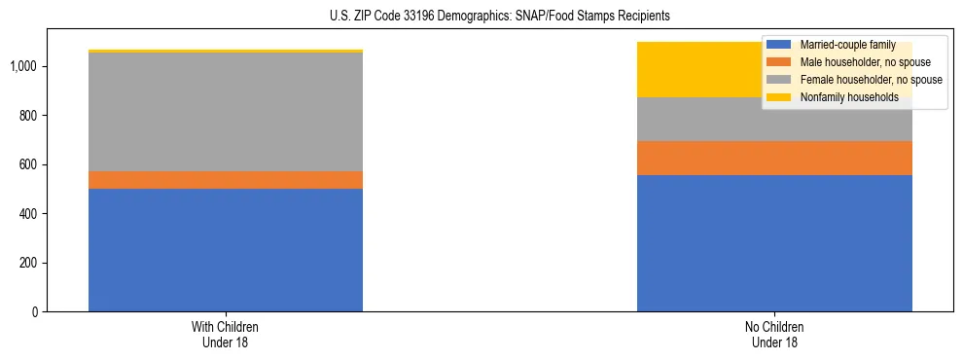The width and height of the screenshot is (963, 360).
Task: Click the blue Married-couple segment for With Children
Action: pyautogui.click(x=226, y=250)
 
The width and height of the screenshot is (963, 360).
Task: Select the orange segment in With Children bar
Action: pyautogui.click(x=226, y=180)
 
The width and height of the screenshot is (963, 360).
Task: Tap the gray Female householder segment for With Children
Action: pyautogui.click(x=226, y=112)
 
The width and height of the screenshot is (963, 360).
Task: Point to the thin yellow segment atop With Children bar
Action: pyautogui.click(x=226, y=51)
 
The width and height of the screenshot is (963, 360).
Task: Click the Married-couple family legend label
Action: pyautogui.click(x=840, y=45)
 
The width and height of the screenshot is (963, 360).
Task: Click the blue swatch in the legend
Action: pyautogui.click(x=779, y=45)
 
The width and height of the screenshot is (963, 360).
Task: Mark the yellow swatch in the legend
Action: pyautogui.click(x=779, y=97)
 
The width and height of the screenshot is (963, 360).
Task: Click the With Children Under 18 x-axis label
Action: pyautogui.click(x=226, y=334)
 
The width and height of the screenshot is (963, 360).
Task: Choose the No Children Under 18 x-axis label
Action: pyautogui.click(x=774, y=334)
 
